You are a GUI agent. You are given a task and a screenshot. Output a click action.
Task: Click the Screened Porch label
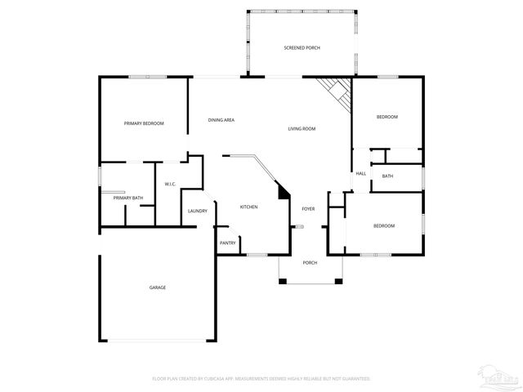pos(302,48)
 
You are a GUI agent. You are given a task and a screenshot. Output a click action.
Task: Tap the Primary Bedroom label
pos(144,123)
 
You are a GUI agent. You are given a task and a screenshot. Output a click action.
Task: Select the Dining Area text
pos(221,120)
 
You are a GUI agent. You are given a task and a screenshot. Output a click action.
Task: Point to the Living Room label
pos(302,129)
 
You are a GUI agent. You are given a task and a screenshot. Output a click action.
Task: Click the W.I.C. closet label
pos(171,184)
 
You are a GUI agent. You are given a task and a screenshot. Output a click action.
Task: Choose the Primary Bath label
pos(128,198)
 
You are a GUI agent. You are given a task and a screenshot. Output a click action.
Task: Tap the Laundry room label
pos(197,211)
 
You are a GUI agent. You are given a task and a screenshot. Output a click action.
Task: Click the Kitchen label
pos(248,207)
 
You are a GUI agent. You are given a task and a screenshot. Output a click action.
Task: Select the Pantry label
pos(228,243)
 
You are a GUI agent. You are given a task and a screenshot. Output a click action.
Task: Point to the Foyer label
pos(308,208)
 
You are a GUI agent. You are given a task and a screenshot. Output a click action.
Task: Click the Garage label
pos(157,287)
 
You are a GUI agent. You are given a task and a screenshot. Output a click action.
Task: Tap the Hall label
pos(360,174)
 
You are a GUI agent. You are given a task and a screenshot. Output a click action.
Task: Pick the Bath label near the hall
pos(387,176)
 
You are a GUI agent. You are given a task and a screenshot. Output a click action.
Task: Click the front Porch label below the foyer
pos(310,262)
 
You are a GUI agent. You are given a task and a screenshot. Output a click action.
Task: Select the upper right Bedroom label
pos(387,117)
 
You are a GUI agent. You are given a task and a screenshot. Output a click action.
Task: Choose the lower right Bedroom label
pos(384,225)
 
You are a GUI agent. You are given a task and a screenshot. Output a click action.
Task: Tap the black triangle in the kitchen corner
pos(284,193)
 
